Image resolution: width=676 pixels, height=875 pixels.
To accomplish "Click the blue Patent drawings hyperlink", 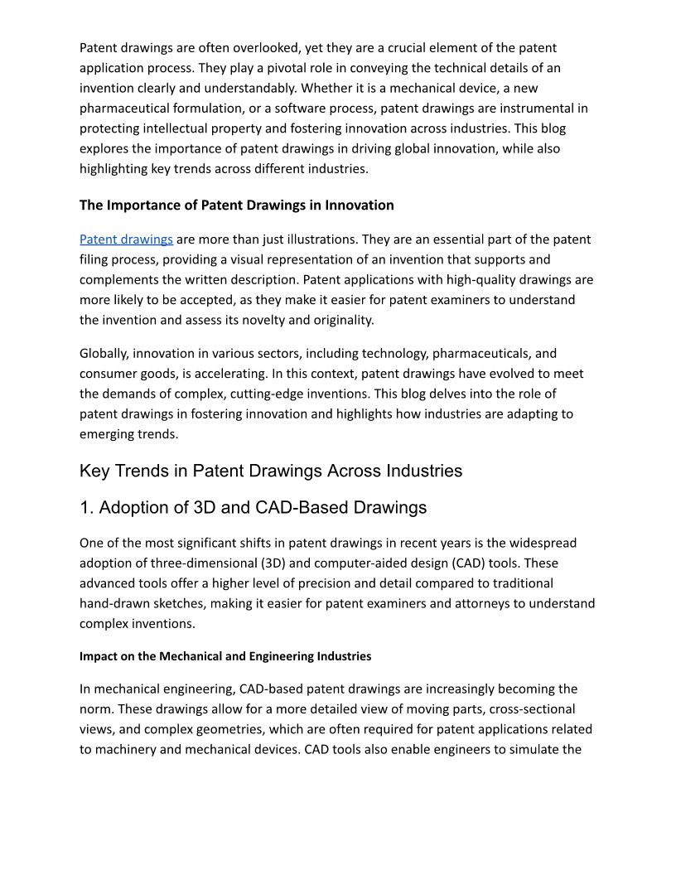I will pyautogui.click(x=126, y=239).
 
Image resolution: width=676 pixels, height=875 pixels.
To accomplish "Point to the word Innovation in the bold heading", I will pyautogui.click(x=359, y=205).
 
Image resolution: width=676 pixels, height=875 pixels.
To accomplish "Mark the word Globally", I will pyautogui.click(x=104, y=354).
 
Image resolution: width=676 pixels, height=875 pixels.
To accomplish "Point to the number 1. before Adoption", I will pyautogui.click(x=86, y=507).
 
